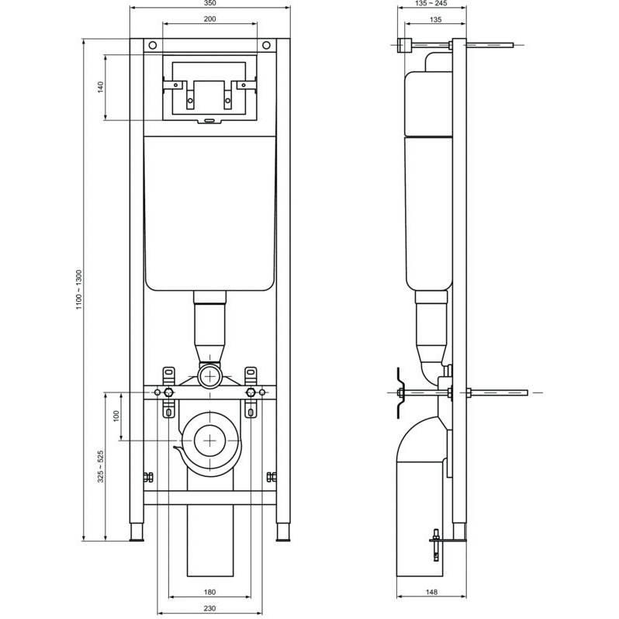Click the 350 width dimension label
[210, 3]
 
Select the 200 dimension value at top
[210, 19]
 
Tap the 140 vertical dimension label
[101, 87]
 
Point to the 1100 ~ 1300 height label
[79, 290]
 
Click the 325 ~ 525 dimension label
[101, 467]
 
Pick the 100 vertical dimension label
[116, 416]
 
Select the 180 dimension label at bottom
[210, 592]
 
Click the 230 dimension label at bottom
[210, 608]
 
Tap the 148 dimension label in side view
[432, 592]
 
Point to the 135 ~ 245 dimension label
[431, 3]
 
